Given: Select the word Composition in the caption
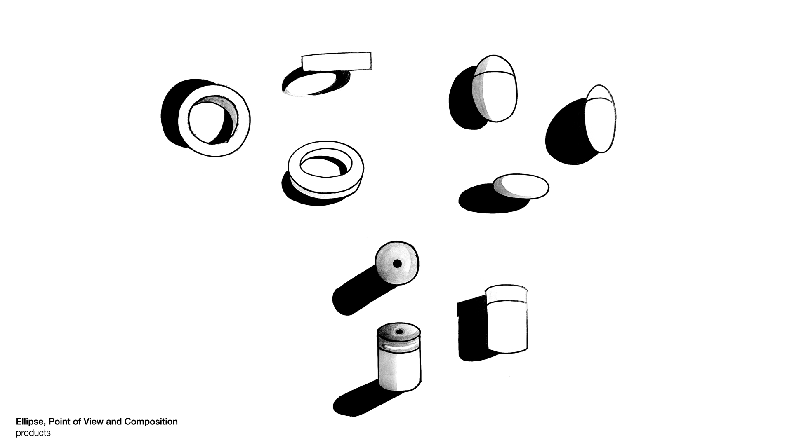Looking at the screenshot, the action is (x=151, y=422).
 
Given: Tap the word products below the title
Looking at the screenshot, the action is (x=33, y=433).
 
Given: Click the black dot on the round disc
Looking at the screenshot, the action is (x=397, y=263).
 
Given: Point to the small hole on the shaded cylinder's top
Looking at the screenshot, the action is (x=399, y=331).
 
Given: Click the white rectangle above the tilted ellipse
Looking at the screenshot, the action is (x=337, y=62).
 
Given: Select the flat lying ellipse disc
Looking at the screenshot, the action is (x=521, y=187).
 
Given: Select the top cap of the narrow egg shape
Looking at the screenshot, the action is (x=601, y=93).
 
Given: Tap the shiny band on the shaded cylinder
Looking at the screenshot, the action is (x=399, y=348).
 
